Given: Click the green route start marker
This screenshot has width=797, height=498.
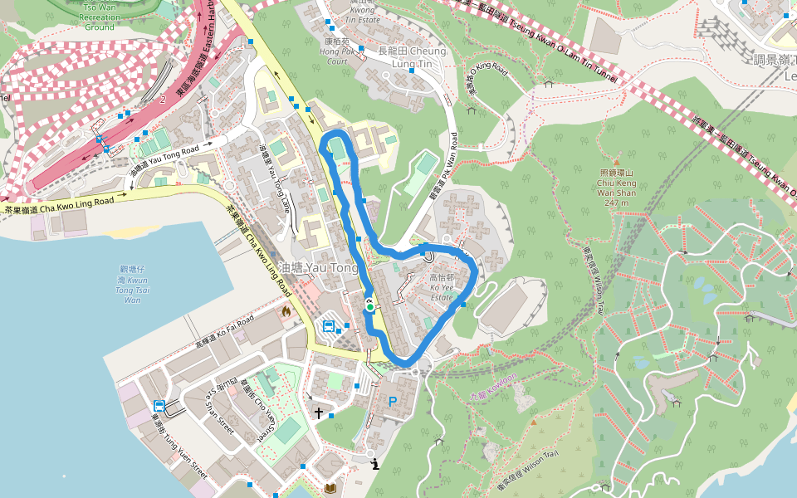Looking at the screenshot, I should tap(369, 307).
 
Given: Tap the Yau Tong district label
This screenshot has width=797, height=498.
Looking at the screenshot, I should tap(319, 268).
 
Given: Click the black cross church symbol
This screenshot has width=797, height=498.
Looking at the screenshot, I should tap(318, 413).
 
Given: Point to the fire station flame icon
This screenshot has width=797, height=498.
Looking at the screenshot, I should tap(286, 312).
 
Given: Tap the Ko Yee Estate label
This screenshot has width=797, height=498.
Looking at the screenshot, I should tap(441, 287).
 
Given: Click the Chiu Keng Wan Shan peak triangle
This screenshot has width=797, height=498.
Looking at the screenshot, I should tap(616, 163).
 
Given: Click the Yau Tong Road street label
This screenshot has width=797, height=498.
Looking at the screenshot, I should tap(165, 159).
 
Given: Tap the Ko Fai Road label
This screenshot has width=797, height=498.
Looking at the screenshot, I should tap(224, 331).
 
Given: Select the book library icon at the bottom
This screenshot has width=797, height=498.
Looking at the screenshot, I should tap(330, 488).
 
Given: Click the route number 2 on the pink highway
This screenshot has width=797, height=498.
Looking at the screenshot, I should tap(164, 99).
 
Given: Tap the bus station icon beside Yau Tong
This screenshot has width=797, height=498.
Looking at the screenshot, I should tap(328, 325).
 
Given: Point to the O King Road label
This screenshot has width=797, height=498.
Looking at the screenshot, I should tap(486, 78).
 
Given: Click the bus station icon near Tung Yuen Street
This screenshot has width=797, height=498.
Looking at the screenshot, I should tap(158, 406).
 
